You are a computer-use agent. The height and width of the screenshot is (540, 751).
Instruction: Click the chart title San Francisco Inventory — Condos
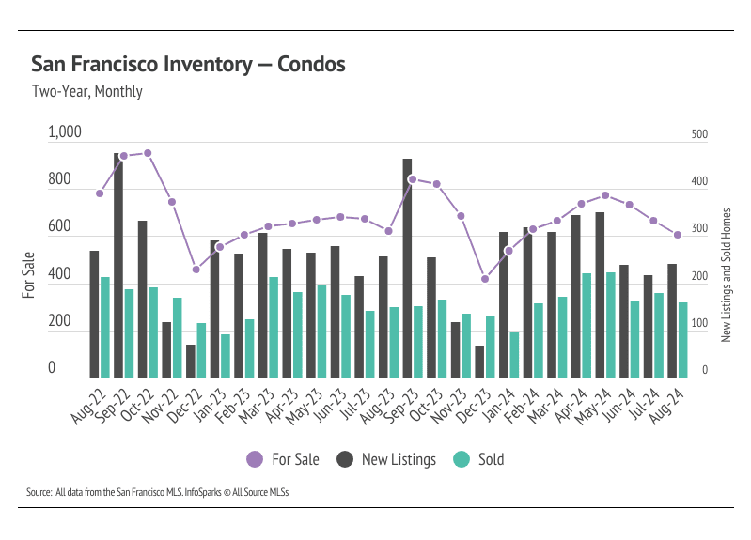point(188,65)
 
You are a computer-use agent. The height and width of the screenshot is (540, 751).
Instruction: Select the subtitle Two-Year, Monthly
point(86,92)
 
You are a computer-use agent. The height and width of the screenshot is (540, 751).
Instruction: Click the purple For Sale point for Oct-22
point(148,153)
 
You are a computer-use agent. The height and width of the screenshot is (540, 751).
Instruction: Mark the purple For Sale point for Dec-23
point(485,279)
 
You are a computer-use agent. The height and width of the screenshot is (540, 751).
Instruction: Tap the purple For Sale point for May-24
point(605,196)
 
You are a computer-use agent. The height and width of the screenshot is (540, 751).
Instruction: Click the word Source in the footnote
point(39,493)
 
